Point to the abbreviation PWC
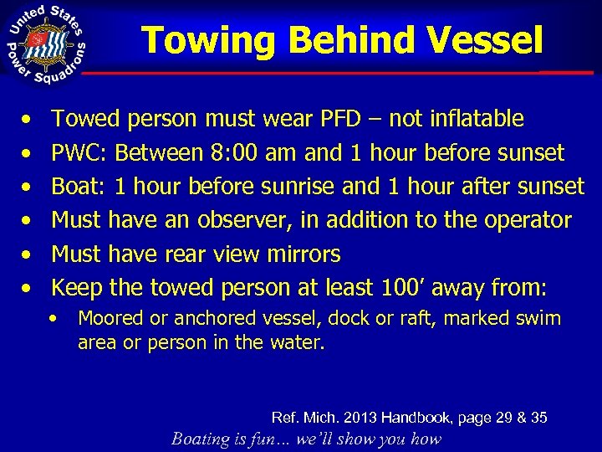[x=79, y=153]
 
